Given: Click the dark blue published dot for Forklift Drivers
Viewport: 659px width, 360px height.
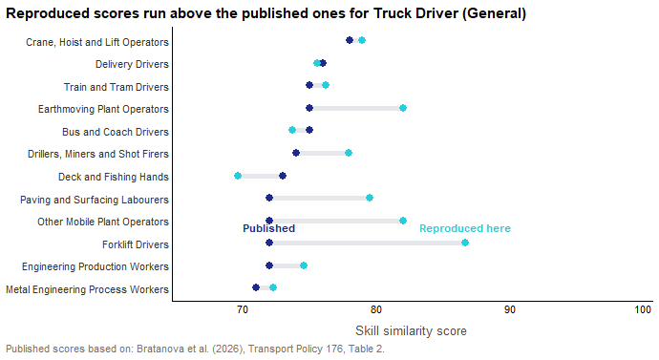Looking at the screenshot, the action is pos(269,243).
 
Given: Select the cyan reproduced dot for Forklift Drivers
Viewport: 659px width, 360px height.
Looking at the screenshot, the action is pos(465,243).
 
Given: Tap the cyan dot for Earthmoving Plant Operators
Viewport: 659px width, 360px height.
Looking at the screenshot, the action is pos(403,108).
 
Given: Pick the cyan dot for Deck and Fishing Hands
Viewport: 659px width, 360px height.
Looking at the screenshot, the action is pos(238,176).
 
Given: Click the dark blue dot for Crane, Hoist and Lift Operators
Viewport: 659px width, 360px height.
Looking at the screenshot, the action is pos(350,40).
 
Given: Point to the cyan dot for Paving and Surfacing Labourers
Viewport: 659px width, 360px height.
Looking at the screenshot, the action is pos(370,198).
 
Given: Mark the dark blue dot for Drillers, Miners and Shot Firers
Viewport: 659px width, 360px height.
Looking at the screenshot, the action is pos(296,153).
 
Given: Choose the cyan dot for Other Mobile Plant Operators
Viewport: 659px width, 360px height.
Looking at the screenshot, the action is pos(403,221).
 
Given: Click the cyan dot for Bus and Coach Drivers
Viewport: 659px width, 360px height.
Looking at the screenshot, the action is pos(292,130).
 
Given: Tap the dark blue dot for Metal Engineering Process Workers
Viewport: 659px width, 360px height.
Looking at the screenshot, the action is pos(256,287).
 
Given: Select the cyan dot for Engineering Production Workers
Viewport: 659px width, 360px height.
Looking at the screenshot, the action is pos(304,265).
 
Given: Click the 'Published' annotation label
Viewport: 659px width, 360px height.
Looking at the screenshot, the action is pos(269,228).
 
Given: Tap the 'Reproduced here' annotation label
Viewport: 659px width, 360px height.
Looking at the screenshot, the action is pos(465,228).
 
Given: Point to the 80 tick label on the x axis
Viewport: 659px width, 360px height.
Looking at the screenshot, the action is pos(375,310).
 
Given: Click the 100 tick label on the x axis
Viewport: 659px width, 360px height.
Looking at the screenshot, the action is pos(643,310).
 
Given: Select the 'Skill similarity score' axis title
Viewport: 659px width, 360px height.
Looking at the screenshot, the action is pos(411,331).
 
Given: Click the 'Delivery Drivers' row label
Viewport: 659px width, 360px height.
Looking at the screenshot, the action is pos(132,64).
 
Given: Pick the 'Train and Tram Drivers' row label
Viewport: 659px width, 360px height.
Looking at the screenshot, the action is pos(117,87).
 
